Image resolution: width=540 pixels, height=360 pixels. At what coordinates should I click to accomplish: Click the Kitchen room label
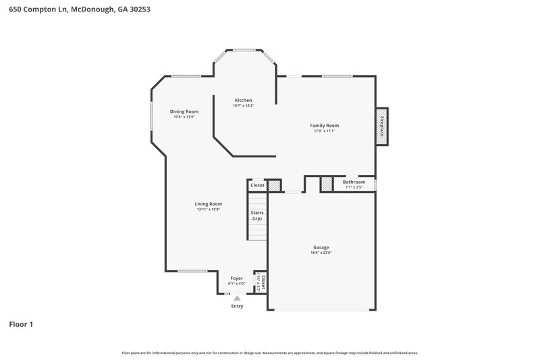click(x=243, y=100)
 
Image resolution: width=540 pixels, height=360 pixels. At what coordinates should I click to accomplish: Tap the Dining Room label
click(x=184, y=111)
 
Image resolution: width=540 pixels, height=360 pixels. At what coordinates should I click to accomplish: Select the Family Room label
click(x=324, y=125)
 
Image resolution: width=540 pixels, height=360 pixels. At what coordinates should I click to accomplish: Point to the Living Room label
click(x=209, y=204)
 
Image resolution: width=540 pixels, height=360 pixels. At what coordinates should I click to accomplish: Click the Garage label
click(x=321, y=247)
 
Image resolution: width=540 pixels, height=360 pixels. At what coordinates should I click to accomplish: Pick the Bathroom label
click(x=354, y=182)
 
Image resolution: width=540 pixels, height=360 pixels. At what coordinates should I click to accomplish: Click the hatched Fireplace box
click(x=381, y=126)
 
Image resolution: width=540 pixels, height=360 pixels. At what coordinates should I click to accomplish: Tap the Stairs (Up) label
click(x=257, y=216)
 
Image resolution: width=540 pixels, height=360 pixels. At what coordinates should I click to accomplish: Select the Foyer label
click(x=236, y=278)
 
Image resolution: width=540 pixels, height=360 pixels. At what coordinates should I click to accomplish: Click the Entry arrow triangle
click(x=236, y=297)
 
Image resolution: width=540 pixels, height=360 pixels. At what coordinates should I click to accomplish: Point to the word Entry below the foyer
click(x=237, y=306)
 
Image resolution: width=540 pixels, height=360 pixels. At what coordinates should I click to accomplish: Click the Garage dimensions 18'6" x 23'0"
click(x=321, y=253)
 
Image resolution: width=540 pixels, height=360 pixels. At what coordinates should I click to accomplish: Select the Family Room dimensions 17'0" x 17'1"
click(x=324, y=131)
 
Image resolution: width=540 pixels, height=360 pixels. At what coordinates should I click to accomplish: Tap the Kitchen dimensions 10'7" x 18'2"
click(x=243, y=105)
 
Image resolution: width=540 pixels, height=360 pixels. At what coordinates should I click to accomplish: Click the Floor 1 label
click(x=21, y=324)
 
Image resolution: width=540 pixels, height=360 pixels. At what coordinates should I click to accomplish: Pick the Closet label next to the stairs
click(x=257, y=185)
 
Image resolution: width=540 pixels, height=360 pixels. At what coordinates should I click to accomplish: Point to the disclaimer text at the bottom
click(x=270, y=353)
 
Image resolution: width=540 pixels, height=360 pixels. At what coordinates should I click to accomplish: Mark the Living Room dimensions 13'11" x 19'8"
click(x=209, y=209)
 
